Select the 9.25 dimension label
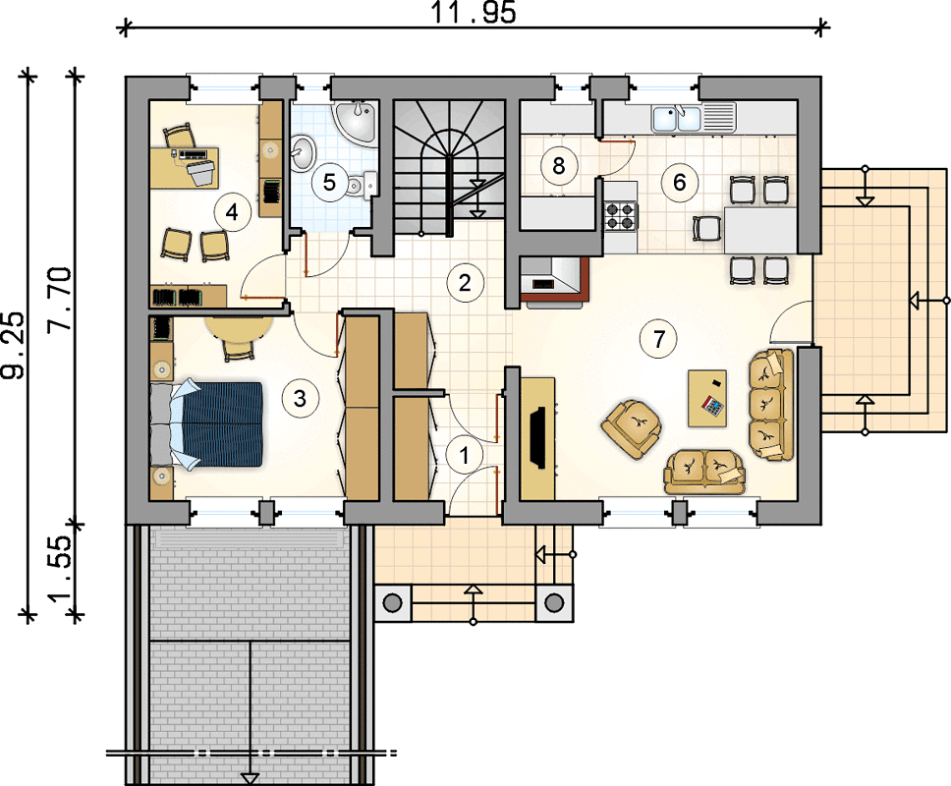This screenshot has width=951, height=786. click(13, 346)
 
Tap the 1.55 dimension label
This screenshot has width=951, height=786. click(61, 569)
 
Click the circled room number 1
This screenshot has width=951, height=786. click(466, 454)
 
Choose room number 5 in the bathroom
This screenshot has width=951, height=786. click(329, 182)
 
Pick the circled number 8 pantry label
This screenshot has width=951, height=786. click(559, 165)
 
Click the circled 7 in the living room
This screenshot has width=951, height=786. click(660, 338)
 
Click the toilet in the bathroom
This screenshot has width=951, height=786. click(363, 185)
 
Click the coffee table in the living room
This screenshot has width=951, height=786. click(707, 399)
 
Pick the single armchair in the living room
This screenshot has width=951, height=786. click(632, 427)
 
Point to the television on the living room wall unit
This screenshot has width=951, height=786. click(538, 437)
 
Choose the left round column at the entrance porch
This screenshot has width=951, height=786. click(392, 603)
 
